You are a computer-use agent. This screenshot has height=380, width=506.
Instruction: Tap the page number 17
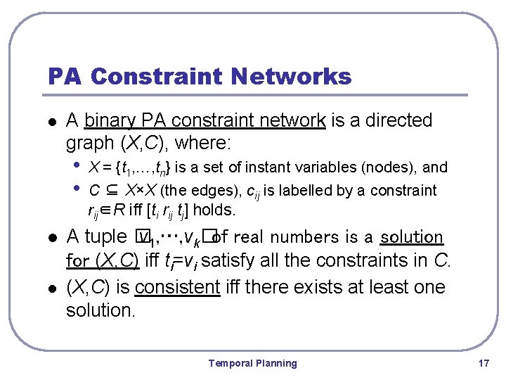(483, 363)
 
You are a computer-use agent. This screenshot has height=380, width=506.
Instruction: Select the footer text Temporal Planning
(252, 363)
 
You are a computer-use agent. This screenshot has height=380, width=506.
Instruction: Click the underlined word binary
(110, 121)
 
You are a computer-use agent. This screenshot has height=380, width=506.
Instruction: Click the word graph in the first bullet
(90, 144)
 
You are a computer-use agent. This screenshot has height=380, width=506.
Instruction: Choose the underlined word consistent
(177, 287)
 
